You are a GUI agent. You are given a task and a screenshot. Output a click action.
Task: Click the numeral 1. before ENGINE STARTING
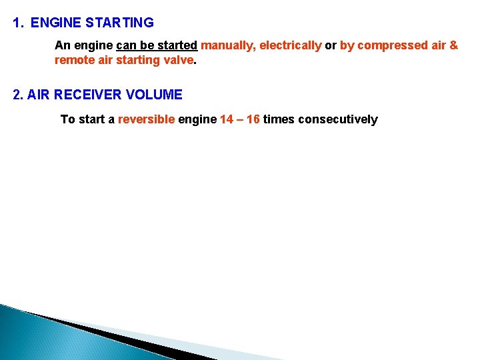(18, 23)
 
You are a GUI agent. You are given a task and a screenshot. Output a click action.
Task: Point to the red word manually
(227, 45)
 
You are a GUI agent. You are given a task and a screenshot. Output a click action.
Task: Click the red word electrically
(290, 45)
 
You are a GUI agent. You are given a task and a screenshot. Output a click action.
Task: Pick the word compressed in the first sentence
(392, 45)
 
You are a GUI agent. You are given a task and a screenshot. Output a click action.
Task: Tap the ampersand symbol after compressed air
(454, 45)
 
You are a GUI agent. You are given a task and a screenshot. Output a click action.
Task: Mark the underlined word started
(177, 45)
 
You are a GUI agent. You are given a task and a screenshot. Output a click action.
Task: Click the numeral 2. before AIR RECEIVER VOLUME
(19, 95)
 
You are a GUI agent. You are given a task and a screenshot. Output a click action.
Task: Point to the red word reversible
(146, 120)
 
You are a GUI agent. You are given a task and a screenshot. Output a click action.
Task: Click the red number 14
(227, 120)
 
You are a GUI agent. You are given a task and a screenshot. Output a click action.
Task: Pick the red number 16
(253, 120)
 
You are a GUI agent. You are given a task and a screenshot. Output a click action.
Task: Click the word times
(279, 120)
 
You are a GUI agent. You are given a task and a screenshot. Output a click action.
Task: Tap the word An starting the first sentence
(61, 45)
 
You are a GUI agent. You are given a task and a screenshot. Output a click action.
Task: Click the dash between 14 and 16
(240, 120)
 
